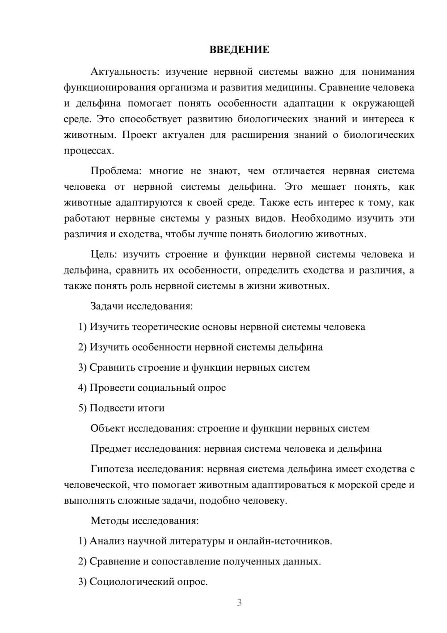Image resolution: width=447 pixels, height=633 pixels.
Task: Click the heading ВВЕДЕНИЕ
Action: click(239, 50)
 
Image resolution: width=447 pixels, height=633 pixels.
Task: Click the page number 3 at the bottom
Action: click(239, 603)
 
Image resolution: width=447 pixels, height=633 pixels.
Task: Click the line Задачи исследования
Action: click(142, 306)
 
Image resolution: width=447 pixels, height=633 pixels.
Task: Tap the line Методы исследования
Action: click(144, 521)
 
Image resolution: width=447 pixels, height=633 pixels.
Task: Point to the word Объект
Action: click(108, 428)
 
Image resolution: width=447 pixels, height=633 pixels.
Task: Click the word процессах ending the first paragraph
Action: click(89, 151)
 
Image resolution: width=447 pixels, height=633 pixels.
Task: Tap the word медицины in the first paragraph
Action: click(295, 87)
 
